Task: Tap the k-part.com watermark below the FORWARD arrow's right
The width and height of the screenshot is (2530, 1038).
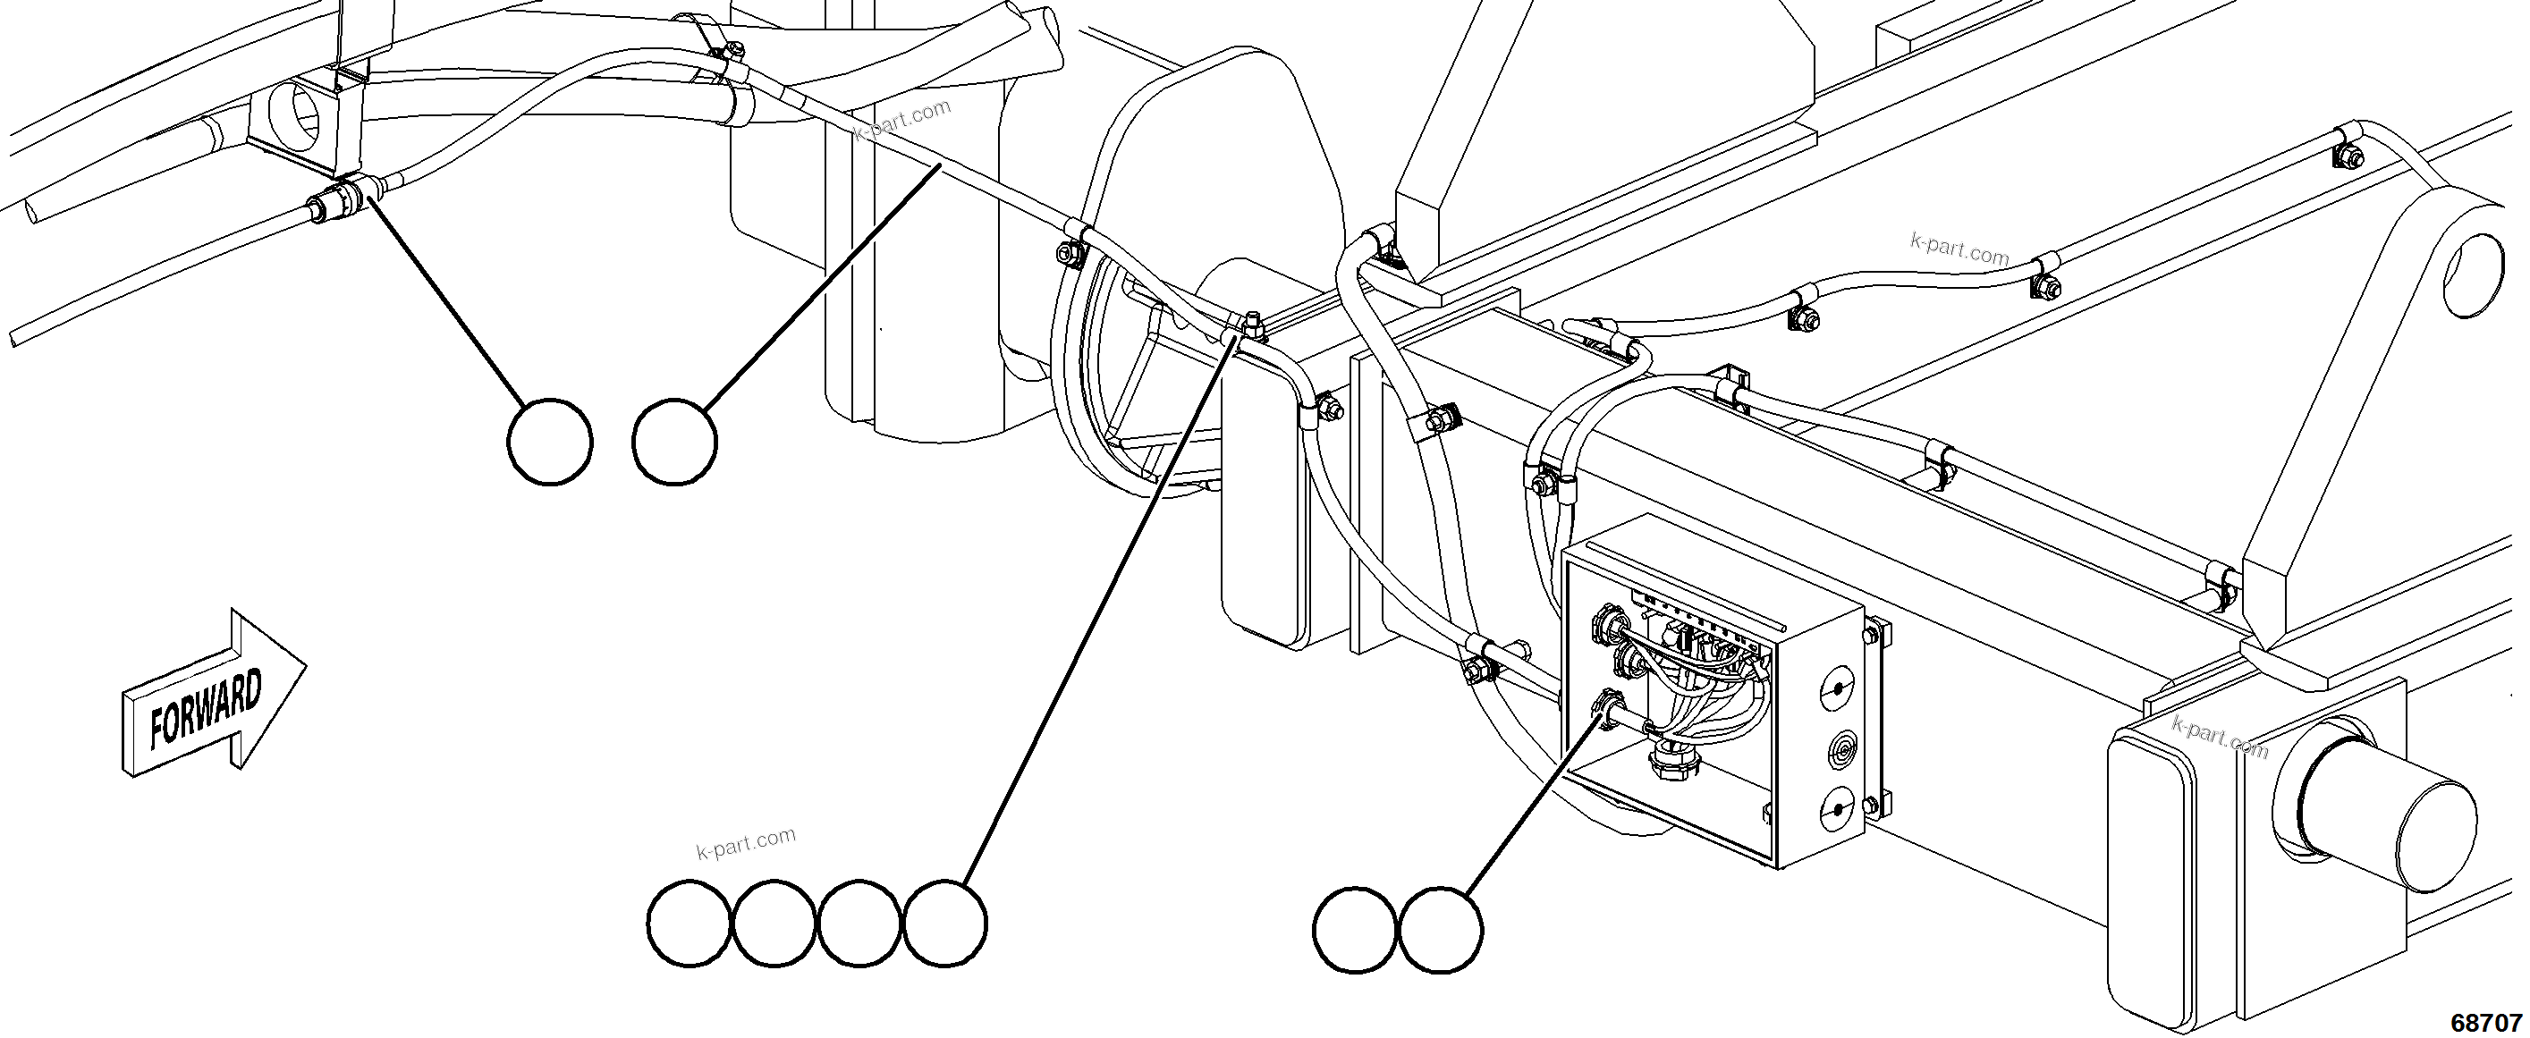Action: (x=746, y=844)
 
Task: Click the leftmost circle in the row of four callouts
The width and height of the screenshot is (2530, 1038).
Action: (x=690, y=923)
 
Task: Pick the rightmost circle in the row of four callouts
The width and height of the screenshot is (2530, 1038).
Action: (x=943, y=923)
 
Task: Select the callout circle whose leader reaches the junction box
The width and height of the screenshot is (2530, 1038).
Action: (x=1440, y=930)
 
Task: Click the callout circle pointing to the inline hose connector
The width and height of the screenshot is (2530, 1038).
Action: (x=550, y=441)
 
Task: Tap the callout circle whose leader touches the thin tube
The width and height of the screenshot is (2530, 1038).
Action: (x=674, y=441)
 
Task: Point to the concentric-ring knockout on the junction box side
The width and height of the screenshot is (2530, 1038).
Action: (x=1837, y=753)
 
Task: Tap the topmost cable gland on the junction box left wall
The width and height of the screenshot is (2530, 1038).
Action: (x=1609, y=621)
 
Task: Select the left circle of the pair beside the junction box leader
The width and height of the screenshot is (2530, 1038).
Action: (x=1356, y=930)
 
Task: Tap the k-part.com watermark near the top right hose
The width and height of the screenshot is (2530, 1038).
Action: (x=1959, y=249)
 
